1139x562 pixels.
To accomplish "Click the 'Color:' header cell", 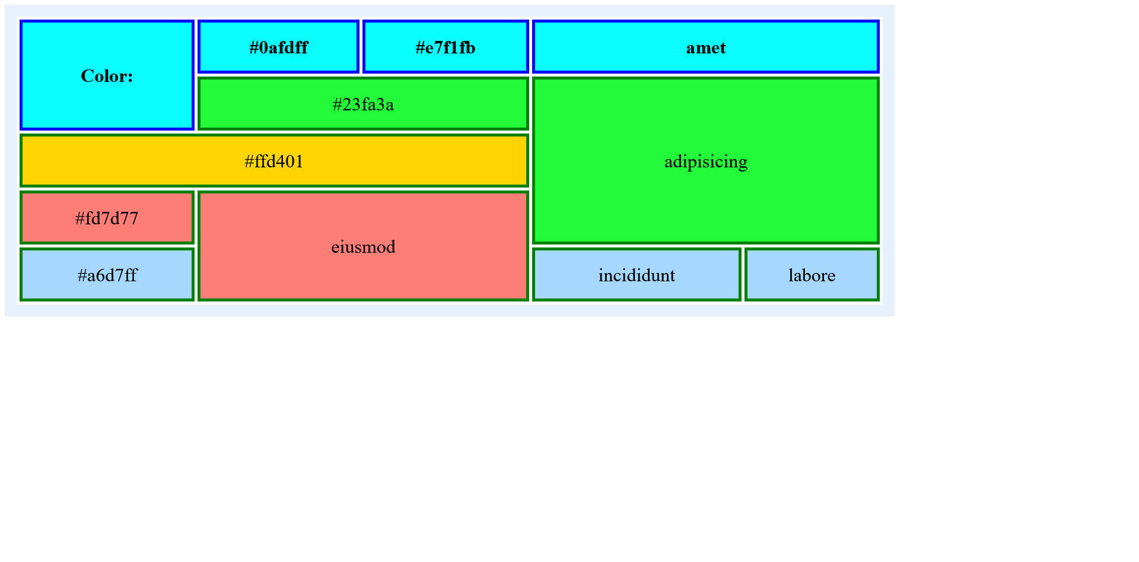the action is [107, 75].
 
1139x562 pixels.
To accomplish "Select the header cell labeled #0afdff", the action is [278, 47].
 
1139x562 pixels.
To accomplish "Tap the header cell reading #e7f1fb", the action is [446, 47].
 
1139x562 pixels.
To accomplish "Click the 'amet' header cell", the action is [706, 47].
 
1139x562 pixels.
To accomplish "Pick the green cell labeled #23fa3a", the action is [363, 104].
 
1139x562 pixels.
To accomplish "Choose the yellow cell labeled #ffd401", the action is [274, 161].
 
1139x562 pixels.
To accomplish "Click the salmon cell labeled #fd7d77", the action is [107, 218].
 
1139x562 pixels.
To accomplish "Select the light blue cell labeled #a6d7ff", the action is [107, 275].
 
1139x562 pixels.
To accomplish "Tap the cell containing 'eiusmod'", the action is [363, 246].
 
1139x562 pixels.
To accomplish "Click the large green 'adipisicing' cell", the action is [706, 161].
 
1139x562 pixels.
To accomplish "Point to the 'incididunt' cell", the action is [637, 275].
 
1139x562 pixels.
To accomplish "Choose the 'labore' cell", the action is [812, 275].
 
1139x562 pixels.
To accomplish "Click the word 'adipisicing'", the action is [706, 162].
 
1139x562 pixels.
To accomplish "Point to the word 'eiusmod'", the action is [363, 247].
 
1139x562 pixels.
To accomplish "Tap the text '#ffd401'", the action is [274, 161].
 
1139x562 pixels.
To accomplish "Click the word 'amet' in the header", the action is [706, 48].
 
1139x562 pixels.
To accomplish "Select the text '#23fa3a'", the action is [363, 104].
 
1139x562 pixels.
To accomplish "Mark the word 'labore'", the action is [812, 275].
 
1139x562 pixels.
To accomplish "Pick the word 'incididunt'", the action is [637, 275].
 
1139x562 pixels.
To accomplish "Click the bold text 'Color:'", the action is [107, 76].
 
